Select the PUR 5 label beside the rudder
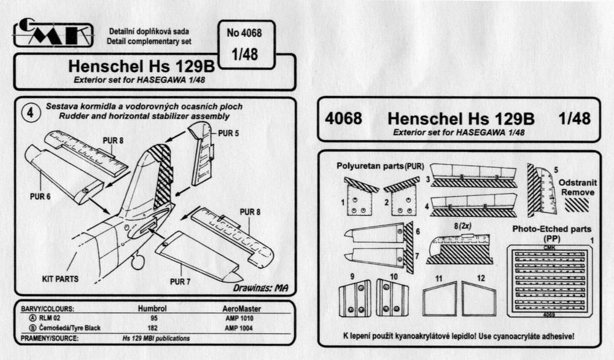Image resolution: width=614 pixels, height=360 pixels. coord(228,133)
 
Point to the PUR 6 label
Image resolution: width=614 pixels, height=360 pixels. coord(38,197)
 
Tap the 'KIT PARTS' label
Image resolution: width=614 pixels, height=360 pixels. coord(59,278)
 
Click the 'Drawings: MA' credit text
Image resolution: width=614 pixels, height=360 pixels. coord(261,288)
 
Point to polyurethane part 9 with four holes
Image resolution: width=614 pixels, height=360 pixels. coord(354,297)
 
